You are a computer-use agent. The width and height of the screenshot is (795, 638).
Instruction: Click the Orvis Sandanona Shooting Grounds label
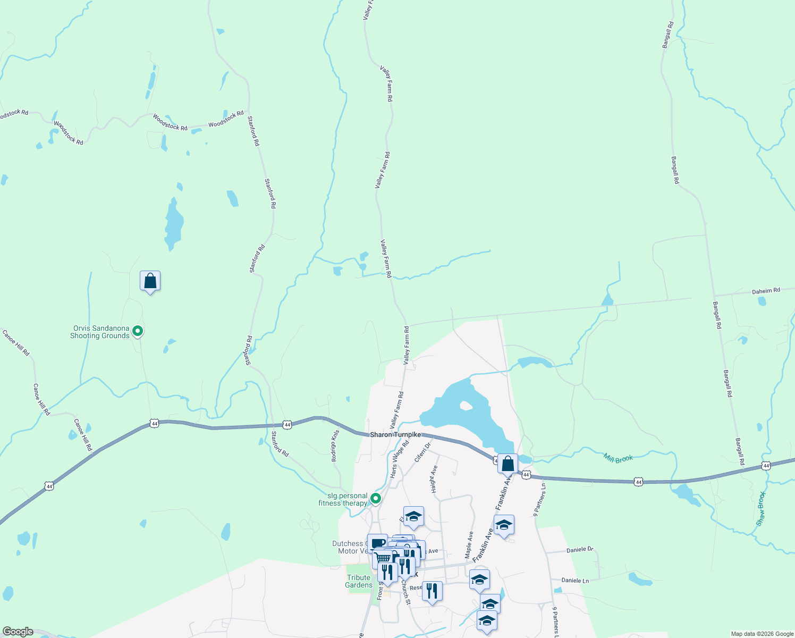(100, 332)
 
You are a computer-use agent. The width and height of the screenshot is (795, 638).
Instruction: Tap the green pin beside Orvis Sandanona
(138, 332)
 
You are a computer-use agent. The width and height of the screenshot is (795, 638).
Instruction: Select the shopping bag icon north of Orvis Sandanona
(150, 281)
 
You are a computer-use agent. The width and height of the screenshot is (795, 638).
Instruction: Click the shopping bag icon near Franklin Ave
(508, 464)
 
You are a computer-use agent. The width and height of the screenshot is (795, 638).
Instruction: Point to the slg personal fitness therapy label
(343, 500)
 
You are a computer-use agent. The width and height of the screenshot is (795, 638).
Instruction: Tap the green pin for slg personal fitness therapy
(376, 499)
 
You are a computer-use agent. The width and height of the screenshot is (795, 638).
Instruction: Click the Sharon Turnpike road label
(395, 435)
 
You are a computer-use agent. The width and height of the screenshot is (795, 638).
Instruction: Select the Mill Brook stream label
(618, 458)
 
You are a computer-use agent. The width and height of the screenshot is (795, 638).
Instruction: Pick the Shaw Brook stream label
(761, 509)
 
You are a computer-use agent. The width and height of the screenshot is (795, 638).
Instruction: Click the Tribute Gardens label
(359, 582)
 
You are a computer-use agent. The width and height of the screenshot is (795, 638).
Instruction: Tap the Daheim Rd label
(766, 291)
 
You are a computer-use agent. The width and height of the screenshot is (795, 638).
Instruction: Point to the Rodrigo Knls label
(334, 446)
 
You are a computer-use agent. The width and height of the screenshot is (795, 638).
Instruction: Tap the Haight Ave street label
(434, 479)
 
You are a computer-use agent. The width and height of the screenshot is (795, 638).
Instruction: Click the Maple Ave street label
(470, 544)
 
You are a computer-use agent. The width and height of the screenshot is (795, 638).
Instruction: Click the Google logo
(18, 632)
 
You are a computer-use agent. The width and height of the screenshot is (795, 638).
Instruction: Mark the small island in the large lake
(466, 406)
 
